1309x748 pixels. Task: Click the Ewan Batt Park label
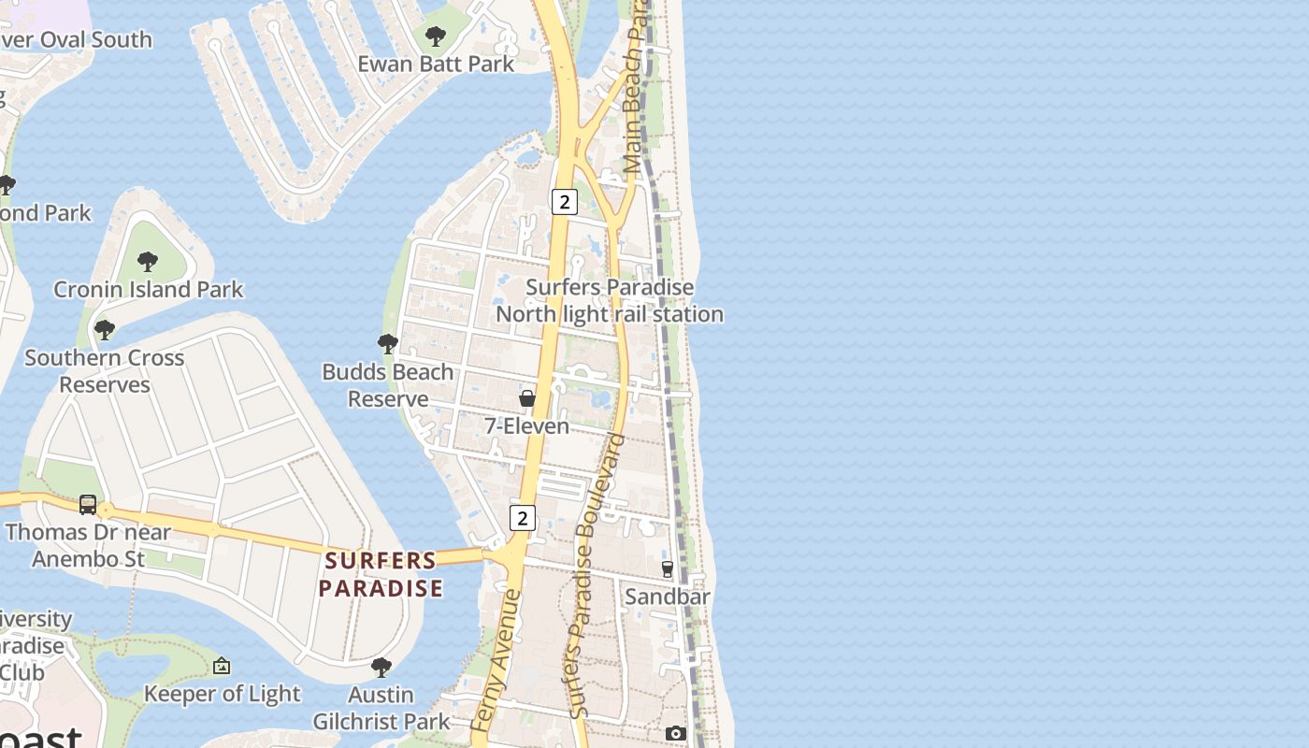pyautogui.click(x=436, y=64)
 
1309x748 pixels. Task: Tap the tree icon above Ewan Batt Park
pyautogui.click(x=435, y=37)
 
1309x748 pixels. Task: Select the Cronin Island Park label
pyautogui.click(x=148, y=289)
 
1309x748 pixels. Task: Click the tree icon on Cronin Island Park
pyautogui.click(x=147, y=261)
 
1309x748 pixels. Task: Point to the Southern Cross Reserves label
pyautogui.click(x=104, y=370)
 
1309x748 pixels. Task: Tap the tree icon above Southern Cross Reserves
pyautogui.click(x=105, y=329)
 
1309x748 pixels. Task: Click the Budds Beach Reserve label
pyautogui.click(x=387, y=385)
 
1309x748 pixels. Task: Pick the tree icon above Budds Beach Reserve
pyautogui.click(x=387, y=344)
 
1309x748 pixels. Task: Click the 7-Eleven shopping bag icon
pyautogui.click(x=527, y=399)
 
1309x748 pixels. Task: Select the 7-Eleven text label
pyautogui.click(x=526, y=426)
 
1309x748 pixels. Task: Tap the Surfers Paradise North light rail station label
pyautogui.click(x=610, y=300)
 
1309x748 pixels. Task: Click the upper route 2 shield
pyautogui.click(x=564, y=201)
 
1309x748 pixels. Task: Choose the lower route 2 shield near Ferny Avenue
pyautogui.click(x=523, y=517)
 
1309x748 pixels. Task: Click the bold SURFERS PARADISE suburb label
pyautogui.click(x=381, y=574)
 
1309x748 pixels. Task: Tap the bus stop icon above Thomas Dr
pyautogui.click(x=88, y=505)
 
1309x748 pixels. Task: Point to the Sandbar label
pyautogui.click(x=668, y=597)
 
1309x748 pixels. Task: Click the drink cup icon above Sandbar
pyautogui.click(x=668, y=568)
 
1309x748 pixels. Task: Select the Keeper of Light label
pyautogui.click(x=222, y=694)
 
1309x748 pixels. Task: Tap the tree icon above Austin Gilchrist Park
pyautogui.click(x=381, y=668)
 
